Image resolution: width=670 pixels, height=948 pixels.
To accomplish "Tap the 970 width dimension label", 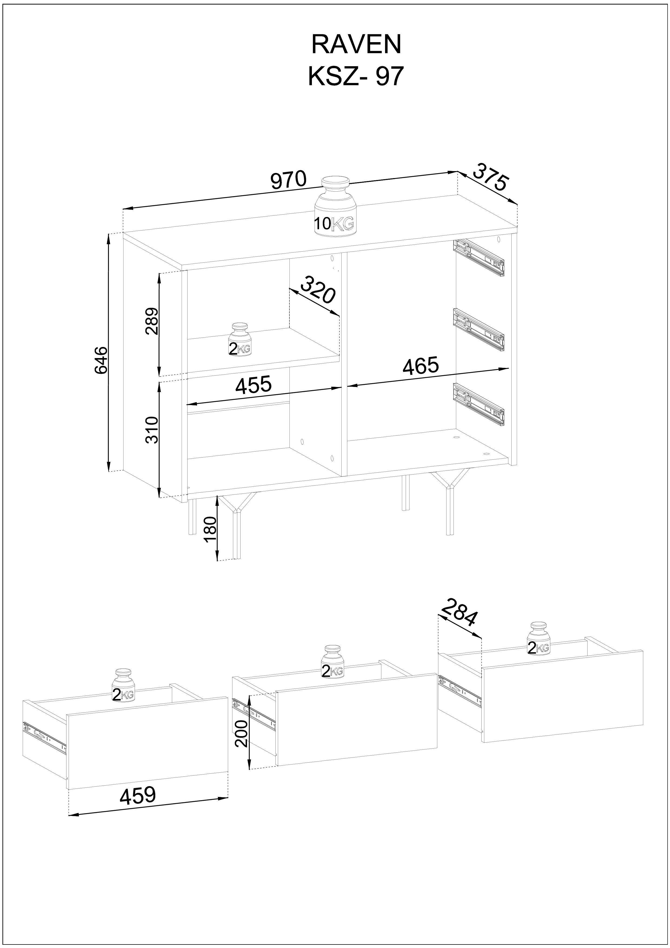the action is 289,180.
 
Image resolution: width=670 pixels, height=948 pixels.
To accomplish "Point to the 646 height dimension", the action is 101,360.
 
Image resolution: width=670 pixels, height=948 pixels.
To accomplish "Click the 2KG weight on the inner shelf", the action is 239,339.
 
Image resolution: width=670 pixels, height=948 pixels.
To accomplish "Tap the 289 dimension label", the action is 152,321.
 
